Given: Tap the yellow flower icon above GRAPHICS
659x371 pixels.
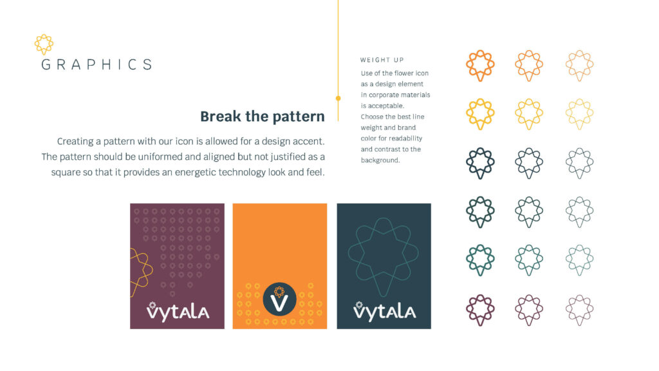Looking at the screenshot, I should [x=44, y=44].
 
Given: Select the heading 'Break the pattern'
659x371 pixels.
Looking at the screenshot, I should [x=263, y=117].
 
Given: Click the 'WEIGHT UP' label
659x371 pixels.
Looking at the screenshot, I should [x=382, y=61].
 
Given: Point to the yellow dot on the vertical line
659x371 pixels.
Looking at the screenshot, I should [x=338, y=99].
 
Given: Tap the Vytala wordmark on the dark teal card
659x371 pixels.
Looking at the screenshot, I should [x=384, y=311].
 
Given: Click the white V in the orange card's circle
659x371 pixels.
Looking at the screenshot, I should [x=279, y=301].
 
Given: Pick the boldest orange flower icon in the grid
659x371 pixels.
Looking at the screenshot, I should [x=479, y=65].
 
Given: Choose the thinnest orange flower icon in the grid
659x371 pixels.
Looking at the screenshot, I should [x=579, y=65].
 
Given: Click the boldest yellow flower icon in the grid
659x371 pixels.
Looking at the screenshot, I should [x=479, y=114].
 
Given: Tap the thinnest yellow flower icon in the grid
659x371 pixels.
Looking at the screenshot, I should [x=579, y=114].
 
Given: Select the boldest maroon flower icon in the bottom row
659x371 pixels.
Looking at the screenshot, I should [x=479, y=310].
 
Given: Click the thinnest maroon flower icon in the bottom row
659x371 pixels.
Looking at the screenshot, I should [x=579, y=310].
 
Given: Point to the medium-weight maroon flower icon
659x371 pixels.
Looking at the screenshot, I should [x=529, y=310].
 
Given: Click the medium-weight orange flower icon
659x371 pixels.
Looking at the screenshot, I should [x=529, y=65].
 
